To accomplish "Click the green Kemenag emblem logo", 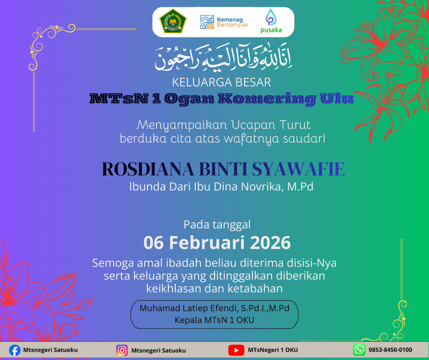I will point(170,21).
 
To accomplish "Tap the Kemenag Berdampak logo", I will point(224,22).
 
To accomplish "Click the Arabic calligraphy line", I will point(223,58).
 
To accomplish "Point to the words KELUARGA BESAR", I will point(221,83).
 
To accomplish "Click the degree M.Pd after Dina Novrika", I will point(300,186).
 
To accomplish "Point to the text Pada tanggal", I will point(217,224).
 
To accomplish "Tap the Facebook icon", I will point(15,350).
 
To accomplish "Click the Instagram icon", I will point(122,350).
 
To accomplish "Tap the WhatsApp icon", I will point(359,350).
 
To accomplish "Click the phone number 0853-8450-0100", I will point(391,350).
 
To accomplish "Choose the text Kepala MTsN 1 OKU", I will point(214,320).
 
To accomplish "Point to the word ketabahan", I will point(257,288).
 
